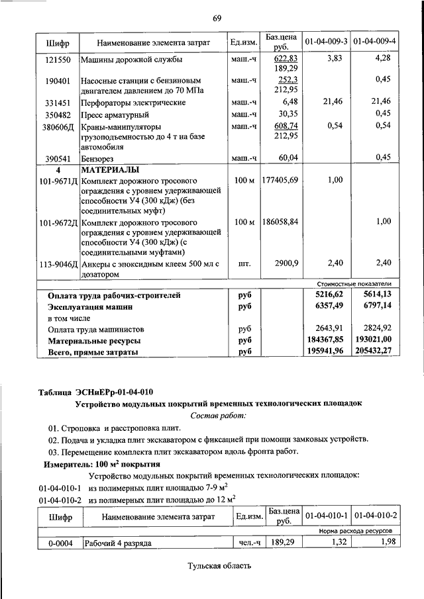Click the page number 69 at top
pyautogui.click(x=217, y=17)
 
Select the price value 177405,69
pyautogui.click(x=280, y=181)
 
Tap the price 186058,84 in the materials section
pyautogui.click(x=280, y=222)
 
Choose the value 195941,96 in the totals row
pyautogui.click(x=325, y=353)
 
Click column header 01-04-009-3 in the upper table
pyautogui.click(x=326, y=42)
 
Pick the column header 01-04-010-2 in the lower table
pyautogui.click(x=375, y=514)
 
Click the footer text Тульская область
pyautogui.click(x=219, y=567)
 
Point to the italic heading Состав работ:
pyautogui.click(x=218, y=415)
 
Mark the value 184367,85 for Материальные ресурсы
pyautogui.click(x=326, y=341)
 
